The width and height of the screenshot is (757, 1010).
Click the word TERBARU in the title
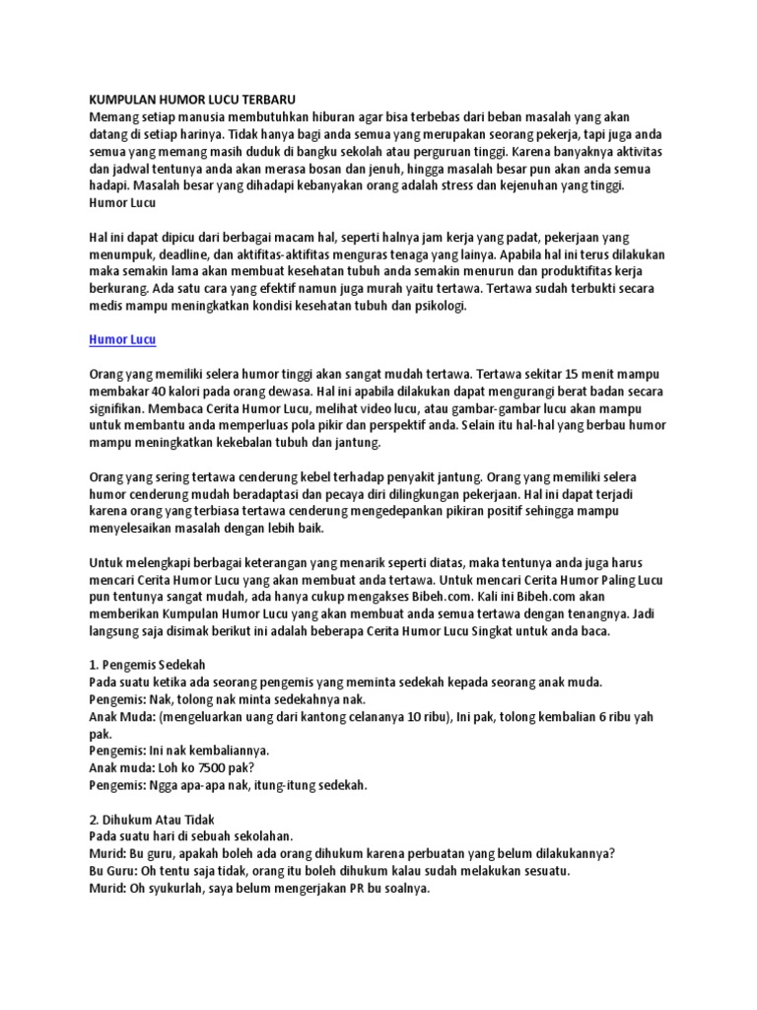click(265, 100)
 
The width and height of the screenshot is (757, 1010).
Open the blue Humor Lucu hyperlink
click(116, 340)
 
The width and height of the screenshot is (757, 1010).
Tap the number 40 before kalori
click(152, 392)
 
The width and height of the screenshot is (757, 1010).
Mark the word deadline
click(183, 253)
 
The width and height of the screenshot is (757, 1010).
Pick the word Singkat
click(501, 630)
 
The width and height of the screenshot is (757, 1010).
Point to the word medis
click(105, 306)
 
